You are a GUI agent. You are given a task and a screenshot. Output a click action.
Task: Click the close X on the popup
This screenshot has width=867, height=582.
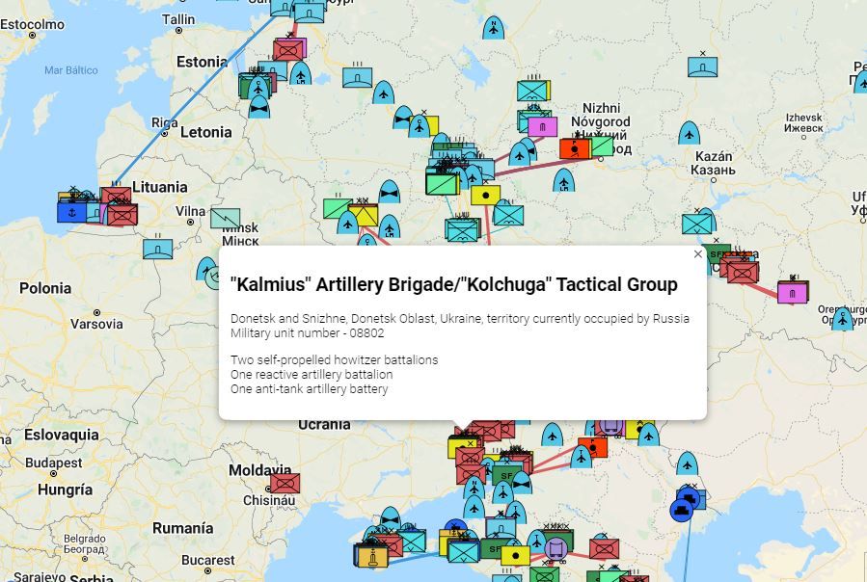(x=698, y=254)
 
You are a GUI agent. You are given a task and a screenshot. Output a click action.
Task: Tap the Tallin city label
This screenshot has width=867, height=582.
(x=178, y=19)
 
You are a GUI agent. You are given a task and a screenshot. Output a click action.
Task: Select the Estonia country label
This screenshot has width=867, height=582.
(x=202, y=63)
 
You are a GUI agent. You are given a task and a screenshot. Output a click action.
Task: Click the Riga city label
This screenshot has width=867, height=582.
(x=164, y=122)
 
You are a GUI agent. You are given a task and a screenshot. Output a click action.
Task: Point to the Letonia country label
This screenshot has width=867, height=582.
(x=205, y=132)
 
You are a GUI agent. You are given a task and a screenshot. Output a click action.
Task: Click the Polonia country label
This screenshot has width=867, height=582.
(x=45, y=288)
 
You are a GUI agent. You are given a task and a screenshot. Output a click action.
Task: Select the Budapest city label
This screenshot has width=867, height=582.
(x=54, y=463)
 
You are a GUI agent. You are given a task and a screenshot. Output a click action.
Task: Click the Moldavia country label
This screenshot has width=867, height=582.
(x=259, y=471)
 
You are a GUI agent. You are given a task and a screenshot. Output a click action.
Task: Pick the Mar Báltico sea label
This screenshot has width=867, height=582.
(x=71, y=70)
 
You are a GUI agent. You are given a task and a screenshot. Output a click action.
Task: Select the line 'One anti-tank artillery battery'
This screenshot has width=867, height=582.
(x=309, y=389)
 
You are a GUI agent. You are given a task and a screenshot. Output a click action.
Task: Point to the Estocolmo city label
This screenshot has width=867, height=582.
(x=34, y=24)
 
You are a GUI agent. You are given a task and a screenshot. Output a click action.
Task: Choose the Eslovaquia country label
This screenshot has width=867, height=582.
(x=62, y=436)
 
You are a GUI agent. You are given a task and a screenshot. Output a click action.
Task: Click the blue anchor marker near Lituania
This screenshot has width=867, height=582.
(x=71, y=211)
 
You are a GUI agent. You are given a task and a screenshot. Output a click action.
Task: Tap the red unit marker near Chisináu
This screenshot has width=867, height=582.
(x=284, y=483)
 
